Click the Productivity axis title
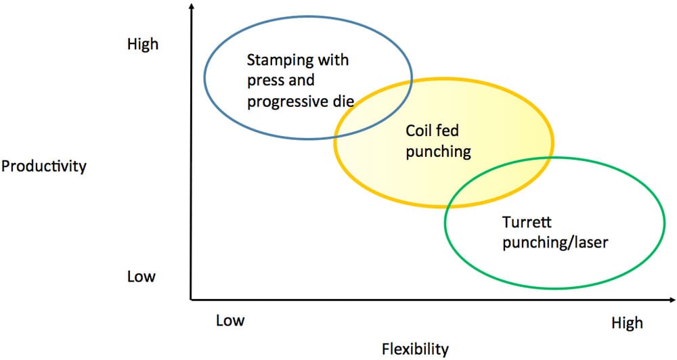pos(43,166)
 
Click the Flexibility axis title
pos(415,348)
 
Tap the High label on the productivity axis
pos(142,44)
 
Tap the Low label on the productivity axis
pos(141,276)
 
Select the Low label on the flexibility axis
pos(230,320)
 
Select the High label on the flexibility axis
pos(627,323)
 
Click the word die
pos(344,101)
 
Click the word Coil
pos(416,131)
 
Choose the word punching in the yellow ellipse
pos(438,152)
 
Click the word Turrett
pos(527,222)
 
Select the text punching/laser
pos(555,242)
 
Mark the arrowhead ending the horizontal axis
pos(672,299)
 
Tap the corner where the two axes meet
pos(192,299)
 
